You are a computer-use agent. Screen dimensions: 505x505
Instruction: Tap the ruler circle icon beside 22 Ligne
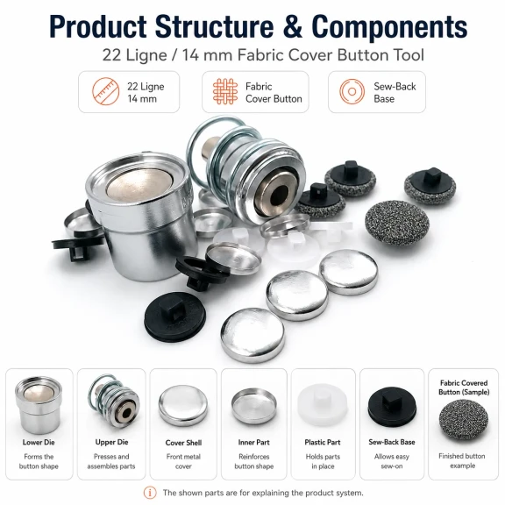[x=105, y=91]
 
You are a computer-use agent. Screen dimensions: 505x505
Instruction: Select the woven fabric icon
[x=225, y=91]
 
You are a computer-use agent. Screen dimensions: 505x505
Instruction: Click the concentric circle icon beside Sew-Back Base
[x=352, y=91]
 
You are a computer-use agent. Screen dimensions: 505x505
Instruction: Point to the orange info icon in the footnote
[x=150, y=493]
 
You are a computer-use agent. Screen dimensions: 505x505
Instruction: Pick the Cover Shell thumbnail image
[x=183, y=406]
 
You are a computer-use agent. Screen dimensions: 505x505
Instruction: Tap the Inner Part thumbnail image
[x=254, y=407]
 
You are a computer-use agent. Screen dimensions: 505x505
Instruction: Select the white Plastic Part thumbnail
[x=323, y=405]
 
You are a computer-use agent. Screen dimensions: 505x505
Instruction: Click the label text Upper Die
[x=111, y=442]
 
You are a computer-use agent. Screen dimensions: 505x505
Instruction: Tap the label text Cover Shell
[x=183, y=443]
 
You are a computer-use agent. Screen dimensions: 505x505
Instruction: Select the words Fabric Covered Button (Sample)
[x=464, y=388]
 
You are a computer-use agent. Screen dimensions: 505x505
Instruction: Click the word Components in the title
[x=389, y=26]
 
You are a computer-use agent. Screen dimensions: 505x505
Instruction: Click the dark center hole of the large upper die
[x=279, y=196]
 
